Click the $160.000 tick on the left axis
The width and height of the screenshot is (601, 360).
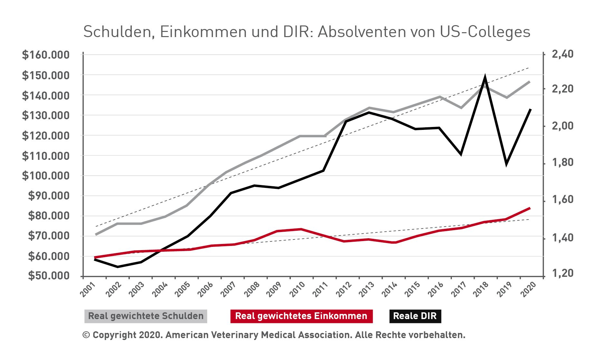[x=45, y=55]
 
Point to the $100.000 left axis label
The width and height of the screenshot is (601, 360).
[x=45, y=176]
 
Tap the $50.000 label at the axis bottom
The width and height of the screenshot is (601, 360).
[x=49, y=276]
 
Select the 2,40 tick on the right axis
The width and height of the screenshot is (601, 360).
[x=563, y=54]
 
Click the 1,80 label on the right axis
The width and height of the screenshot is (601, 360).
[x=563, y=162]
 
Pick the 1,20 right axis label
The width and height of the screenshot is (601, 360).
[x=563, y=273]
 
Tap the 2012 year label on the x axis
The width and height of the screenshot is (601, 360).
[x=344, y=289]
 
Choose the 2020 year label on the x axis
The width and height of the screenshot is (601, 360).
[x=528, y=289]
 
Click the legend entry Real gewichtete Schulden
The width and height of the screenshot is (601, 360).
[x=146, y=316]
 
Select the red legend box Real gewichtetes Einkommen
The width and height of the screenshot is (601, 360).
[x=301, y=316]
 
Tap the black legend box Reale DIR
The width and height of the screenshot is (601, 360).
[x=415, y=316]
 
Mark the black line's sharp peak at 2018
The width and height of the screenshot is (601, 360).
[x=485, y=77]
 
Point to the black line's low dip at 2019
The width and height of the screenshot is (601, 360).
[x=507, y=164]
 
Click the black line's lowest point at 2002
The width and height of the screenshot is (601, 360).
[x=118, y=267]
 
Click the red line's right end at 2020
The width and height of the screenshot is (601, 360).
[x=530, y=208]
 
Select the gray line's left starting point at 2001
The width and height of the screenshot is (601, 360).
[x=96, y=234]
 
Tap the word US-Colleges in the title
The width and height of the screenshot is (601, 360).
[x=485, y=32]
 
